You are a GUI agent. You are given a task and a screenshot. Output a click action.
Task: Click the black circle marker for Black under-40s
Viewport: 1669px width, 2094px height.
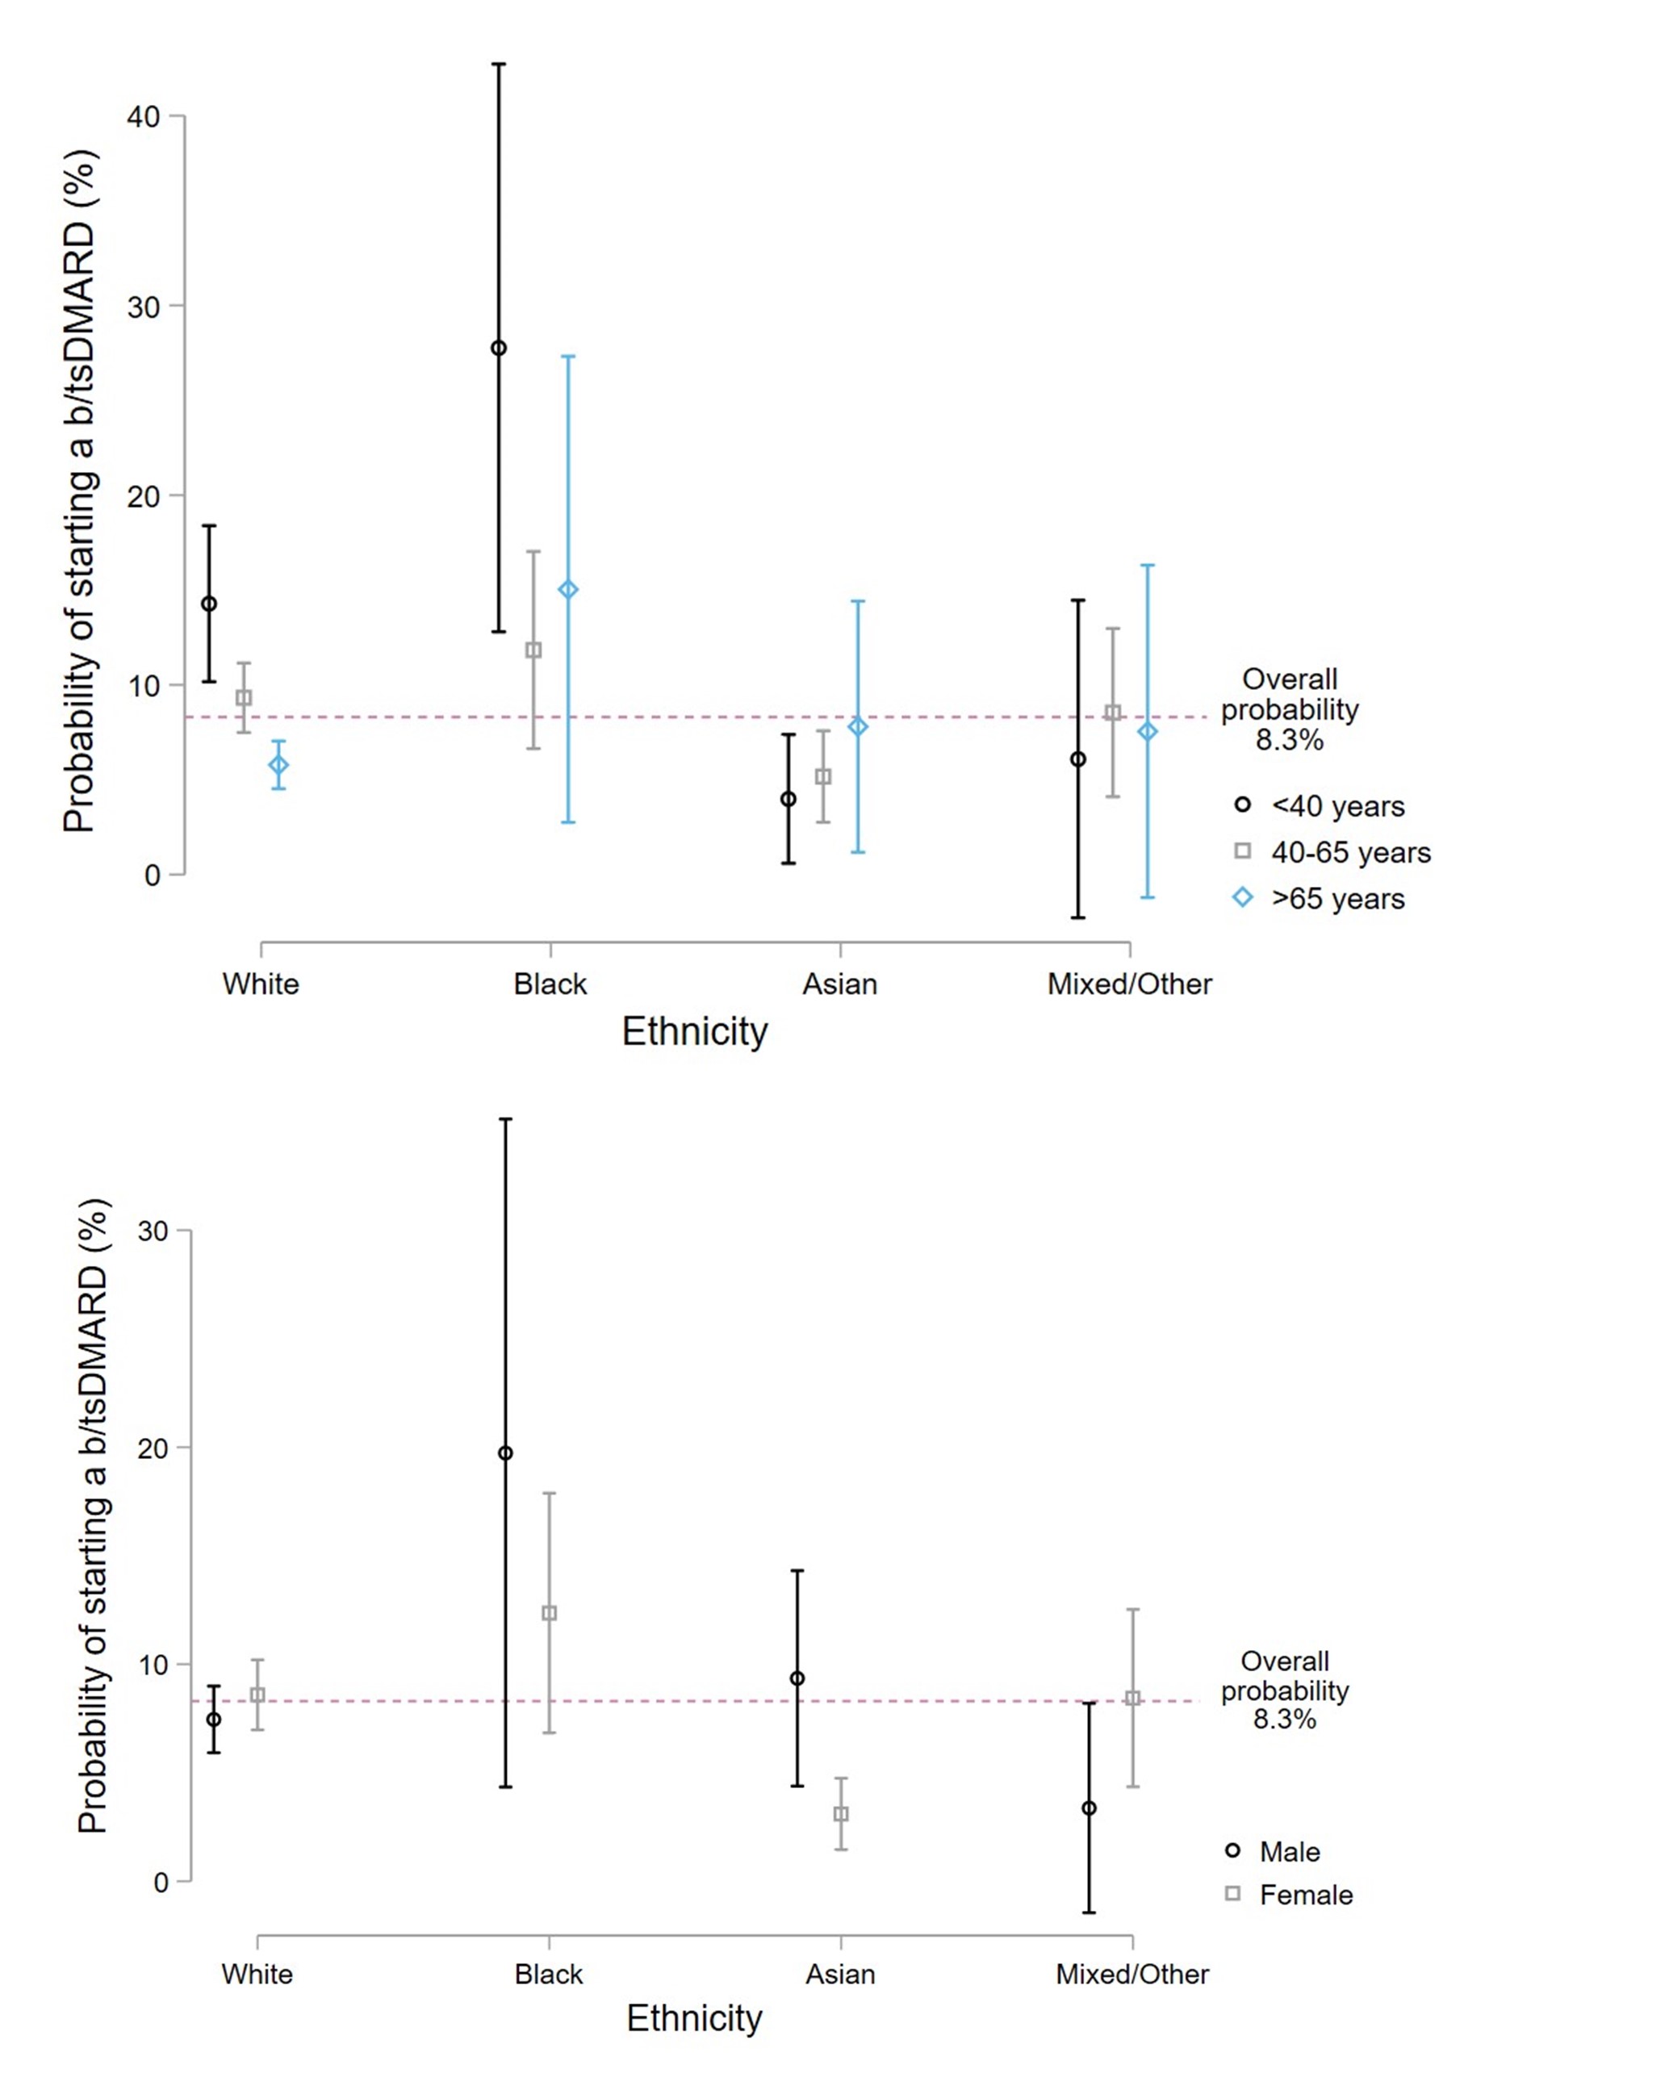click(x=499, y=348)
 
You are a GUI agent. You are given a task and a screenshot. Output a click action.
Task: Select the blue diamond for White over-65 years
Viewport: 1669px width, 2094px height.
click(x=278, y=764)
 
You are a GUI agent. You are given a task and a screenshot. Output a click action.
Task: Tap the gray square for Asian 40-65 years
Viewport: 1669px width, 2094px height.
click(x=823, y=776)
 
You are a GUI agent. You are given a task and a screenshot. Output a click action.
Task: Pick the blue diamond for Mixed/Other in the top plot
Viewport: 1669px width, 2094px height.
click(x=1148, y=731)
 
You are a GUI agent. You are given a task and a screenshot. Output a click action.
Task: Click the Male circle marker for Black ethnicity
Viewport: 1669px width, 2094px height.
click(x=505, y=1453)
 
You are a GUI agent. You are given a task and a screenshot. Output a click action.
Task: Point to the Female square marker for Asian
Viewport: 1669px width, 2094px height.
click(x=841, y=1813)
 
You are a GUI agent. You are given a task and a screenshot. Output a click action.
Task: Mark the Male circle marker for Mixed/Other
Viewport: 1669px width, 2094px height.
click(x=1089, y=1808)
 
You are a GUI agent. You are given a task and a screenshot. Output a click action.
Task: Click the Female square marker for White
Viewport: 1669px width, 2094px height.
click(x=257, y=1695)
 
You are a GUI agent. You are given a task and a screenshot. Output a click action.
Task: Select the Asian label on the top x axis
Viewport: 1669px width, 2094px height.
click(x=839, y=984)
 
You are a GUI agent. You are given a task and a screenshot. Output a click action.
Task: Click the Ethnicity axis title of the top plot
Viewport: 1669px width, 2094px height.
click(x=695, y=1030)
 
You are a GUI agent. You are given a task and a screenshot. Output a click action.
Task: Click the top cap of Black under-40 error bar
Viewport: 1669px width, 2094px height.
click(x=499, y=64)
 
